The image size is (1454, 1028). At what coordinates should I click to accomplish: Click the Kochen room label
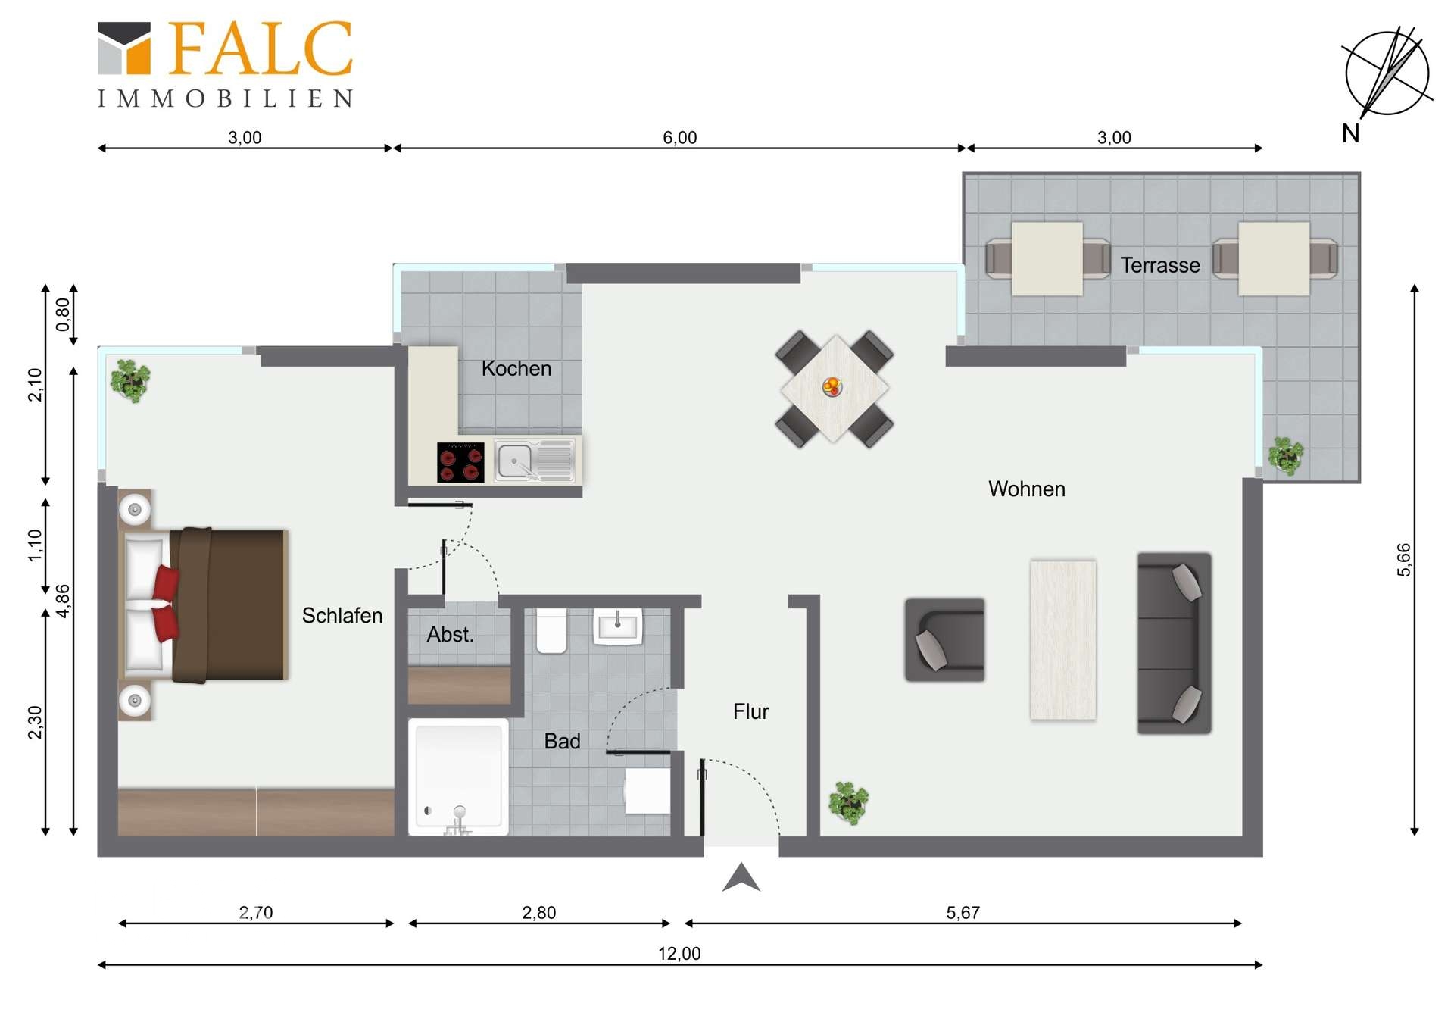click(516, 368)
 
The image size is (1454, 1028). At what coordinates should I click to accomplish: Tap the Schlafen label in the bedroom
click(342, 615)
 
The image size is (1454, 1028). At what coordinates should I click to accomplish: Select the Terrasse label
click(1160, 265)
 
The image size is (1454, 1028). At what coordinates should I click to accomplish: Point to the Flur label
click(750, 711)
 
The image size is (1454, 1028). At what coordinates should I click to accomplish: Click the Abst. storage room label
click(450, 634)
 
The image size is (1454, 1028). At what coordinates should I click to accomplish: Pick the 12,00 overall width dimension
click(679, 953)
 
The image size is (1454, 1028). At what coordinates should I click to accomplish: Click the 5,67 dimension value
click(963, 912)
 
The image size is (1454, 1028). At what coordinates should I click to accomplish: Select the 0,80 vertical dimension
click(63, 314)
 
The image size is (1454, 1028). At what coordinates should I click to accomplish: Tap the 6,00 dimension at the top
click(679, 137)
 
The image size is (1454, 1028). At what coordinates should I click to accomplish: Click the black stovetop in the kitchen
click(460, 462)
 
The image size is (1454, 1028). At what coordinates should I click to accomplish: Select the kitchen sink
click(535, 460)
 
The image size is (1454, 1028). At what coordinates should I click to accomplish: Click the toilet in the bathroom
click(551, 630)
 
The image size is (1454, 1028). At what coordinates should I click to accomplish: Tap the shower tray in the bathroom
click(458, 777)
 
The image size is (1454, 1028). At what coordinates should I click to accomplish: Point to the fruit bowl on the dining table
click(832, 386)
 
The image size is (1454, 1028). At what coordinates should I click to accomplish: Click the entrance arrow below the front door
click(741, 877)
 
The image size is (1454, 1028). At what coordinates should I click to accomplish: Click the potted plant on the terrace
click(1285, 455)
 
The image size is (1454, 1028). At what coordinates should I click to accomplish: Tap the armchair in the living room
click(945, 640)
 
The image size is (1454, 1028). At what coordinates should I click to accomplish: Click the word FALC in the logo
click(260, 48)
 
